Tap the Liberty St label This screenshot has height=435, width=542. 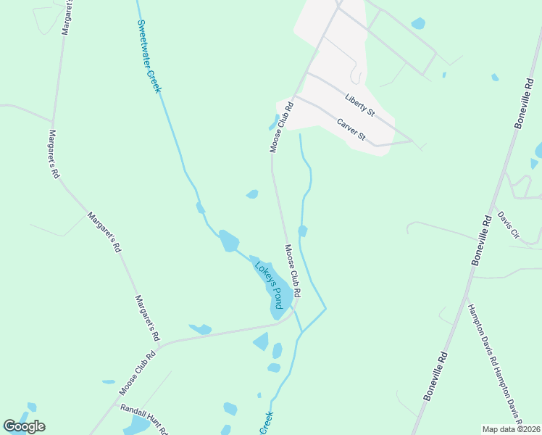[x=359, y=104]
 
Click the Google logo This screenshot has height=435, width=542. [x=24, y=426]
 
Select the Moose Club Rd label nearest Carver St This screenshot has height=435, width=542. [x=281, y=127]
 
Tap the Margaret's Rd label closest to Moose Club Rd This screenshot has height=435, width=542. [x=146, y=318]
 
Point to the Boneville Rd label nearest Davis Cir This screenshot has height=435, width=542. [x=484, y=239]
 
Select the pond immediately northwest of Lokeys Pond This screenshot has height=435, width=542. [x=228, y=240]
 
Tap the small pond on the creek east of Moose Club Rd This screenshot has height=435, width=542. [x=302, y=231]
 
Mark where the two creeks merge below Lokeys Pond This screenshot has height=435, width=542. [x=301, y=333]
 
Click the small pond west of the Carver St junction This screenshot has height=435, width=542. [x=275, y=121]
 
